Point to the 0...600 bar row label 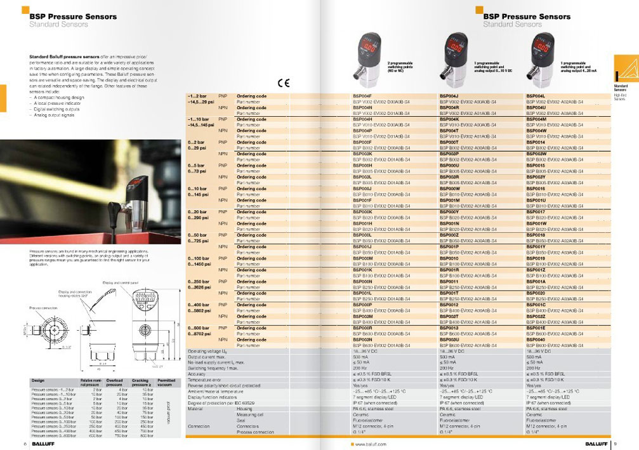click(x=199, y=328)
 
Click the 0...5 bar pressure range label click(x=197, y=166)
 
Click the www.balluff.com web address click(x=369, y=444)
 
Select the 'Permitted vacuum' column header click(x=166, y=382)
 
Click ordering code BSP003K click(x=362, y=154)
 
